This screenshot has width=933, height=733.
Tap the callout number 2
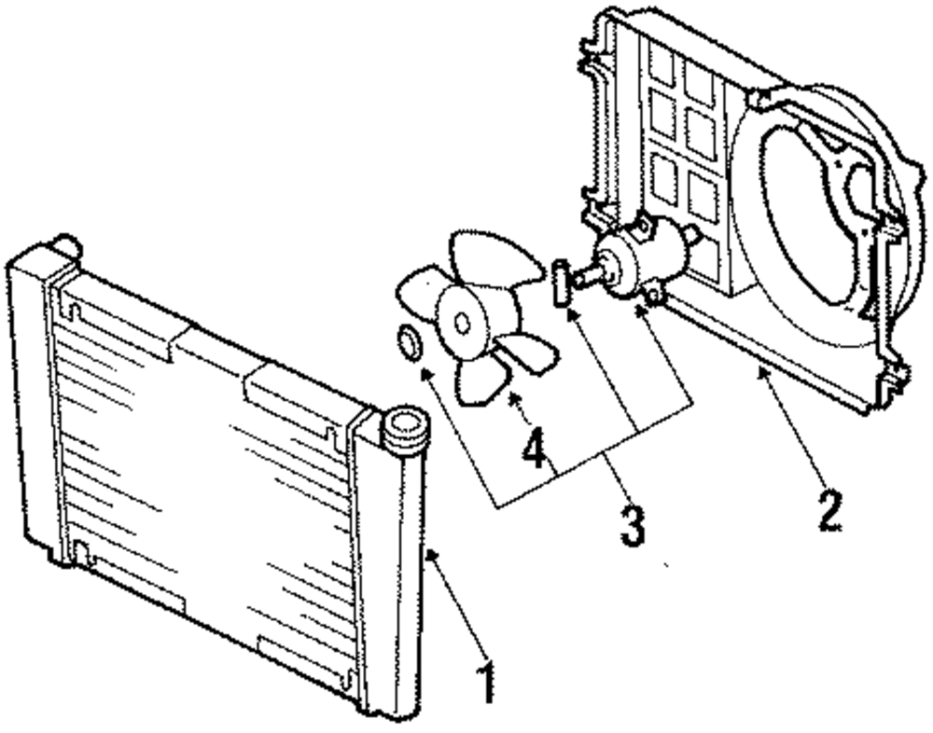[829, 507]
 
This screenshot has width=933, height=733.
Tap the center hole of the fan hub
[462, 322]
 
